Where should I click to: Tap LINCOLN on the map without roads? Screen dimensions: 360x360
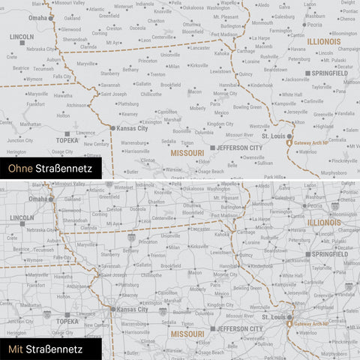coord(22,36)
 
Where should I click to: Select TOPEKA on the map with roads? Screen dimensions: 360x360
coord(67,321)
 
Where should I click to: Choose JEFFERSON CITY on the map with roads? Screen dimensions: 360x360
coord(239,328)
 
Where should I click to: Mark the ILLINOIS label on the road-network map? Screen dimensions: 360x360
coord(323,223)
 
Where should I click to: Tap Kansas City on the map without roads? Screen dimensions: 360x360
coord(130,128)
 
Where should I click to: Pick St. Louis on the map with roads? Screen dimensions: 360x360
coord(275,317)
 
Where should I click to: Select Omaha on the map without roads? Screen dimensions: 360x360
coord(36,17)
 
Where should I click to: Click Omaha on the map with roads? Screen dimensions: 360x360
coord(36,199)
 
